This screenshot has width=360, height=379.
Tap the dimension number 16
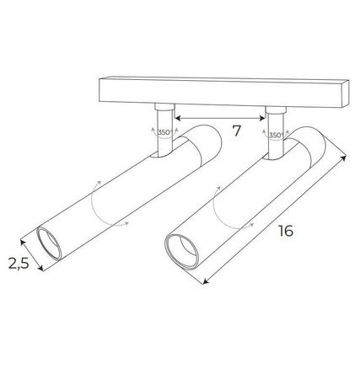(285, 230)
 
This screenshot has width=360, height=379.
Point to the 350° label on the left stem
(164, 132)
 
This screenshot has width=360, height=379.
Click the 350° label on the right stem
(275, 135)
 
